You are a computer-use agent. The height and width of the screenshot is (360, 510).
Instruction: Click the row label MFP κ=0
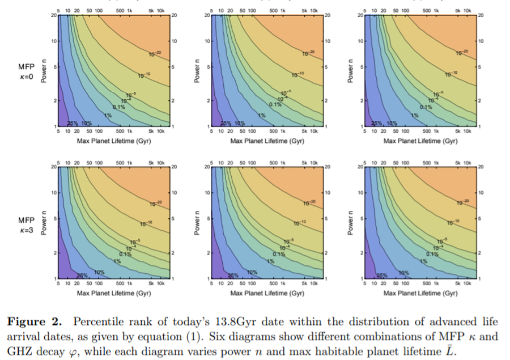27,71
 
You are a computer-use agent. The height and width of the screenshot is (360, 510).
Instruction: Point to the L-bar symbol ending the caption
452,350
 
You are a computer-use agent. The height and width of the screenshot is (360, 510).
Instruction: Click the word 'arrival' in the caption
24,336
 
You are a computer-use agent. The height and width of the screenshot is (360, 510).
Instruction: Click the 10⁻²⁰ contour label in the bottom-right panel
462,202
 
